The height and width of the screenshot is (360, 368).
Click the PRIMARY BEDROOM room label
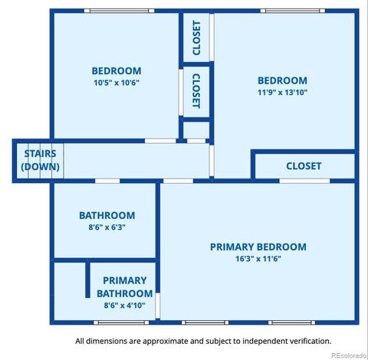coord(258,247)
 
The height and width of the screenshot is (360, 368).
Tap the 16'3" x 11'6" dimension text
coord(258,259)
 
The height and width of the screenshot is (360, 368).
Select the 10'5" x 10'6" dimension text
coord(117,83)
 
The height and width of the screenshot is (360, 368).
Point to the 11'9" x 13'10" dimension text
coord(282,92)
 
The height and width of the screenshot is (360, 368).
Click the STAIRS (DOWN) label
coord(40,160)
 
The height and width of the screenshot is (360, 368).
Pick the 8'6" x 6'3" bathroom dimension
coord(107,227)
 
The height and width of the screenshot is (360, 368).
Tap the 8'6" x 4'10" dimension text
coord(124,305)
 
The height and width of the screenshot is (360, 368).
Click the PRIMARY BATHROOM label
coord(125,287)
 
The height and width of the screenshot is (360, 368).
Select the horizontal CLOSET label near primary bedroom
coord(304,166)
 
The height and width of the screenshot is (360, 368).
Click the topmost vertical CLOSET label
coord(196,38)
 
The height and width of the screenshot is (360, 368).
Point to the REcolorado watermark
coord(349,355)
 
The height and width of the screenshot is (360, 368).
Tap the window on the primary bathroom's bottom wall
coord(121,322)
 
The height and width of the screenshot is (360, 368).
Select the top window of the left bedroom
coord(120,11)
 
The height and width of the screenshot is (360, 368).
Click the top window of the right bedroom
coord(293,11)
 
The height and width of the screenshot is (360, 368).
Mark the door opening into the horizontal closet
coord(304,181)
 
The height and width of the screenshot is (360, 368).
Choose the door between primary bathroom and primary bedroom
coord(158,306)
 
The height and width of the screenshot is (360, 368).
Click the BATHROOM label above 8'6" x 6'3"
coord(107,215)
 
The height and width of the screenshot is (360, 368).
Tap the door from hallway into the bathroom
coord(107,181)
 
